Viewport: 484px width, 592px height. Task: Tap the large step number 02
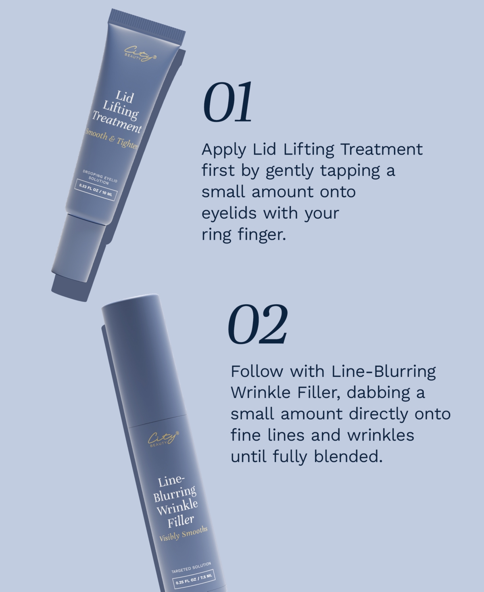[258, 324]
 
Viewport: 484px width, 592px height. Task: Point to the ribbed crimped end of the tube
[148, 23]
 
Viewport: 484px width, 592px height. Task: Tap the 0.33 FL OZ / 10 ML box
[96, 190]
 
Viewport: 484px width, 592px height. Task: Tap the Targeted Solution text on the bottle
[191, 568]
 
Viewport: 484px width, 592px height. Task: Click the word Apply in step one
[223, 150]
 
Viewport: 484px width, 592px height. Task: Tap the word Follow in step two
[257, 371]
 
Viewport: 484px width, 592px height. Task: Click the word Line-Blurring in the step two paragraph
[384, 371]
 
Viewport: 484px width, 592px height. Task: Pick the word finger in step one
[262, 235]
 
